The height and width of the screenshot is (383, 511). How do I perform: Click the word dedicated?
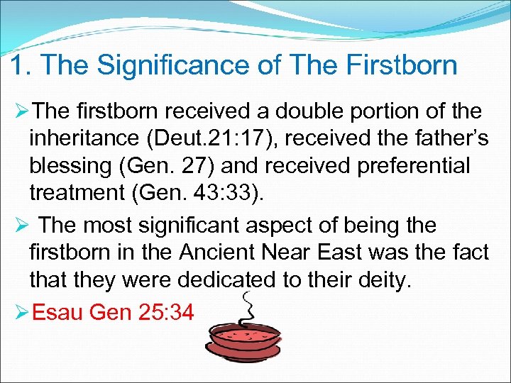pos(223,280)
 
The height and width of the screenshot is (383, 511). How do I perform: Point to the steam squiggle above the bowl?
pos(248,305)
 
